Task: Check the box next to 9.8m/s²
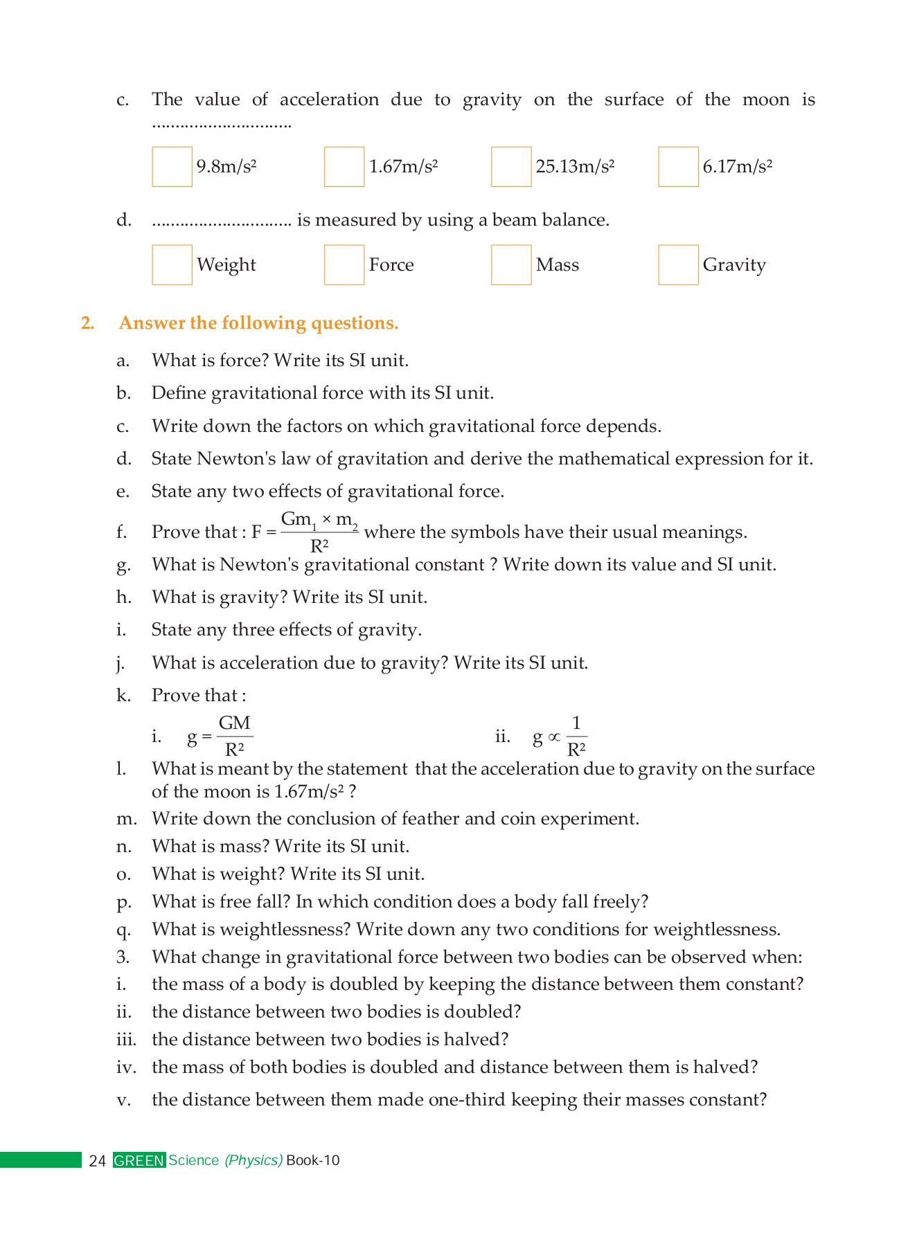tap(172, 167)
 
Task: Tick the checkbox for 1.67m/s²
tap(344, 167)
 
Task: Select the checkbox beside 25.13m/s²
tap(511, 167)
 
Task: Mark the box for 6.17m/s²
tap(678, 167)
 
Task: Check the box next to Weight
tap(172, 264)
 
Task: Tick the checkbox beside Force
tap(344, 264)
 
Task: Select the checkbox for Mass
tap(511, 264)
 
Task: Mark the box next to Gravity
tap(678, 264)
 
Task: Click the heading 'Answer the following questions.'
tap(258, 323)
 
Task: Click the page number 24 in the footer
tap(97, 1161)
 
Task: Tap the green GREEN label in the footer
tap(139, 1161)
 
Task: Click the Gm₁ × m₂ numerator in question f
tap(319, 520)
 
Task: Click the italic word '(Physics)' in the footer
tap(253, 1161)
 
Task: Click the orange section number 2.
tap(87, 323)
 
